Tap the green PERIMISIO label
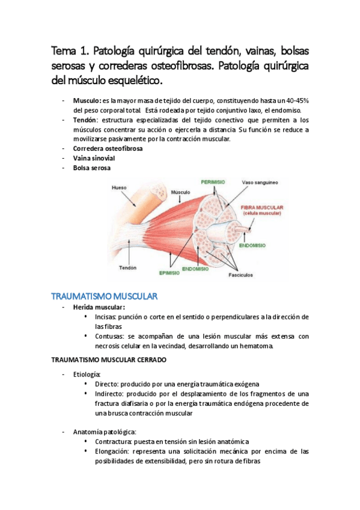[213, 181]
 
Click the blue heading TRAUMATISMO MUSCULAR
[104, 296]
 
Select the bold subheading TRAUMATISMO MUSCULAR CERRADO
[109, 359]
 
